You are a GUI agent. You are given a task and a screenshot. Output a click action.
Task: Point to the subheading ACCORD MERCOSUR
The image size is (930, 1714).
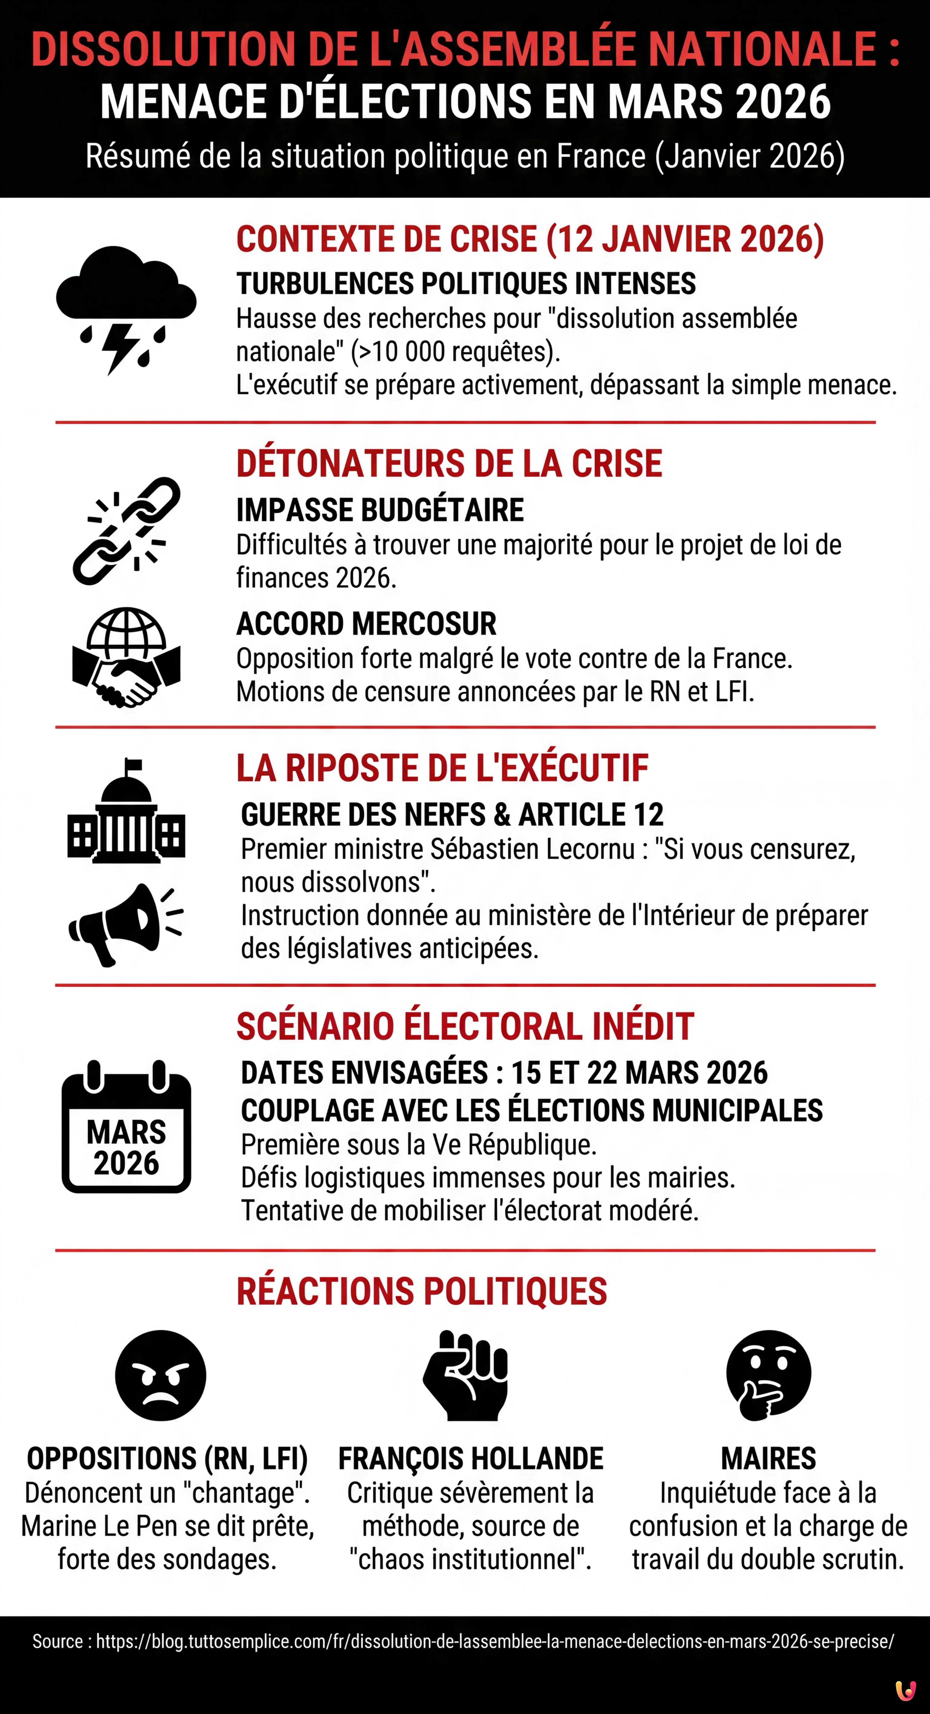(x=366, y=624)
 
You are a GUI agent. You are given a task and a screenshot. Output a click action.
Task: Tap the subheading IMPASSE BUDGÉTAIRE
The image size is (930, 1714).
(x=380, y=510)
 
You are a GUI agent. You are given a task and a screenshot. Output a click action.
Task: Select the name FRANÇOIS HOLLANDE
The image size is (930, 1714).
(x=470, y=1459)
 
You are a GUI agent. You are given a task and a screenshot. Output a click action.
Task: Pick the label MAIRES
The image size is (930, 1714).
(x=768, y=1459)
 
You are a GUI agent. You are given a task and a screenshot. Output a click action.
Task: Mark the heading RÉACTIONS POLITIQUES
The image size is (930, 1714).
(x=422, y=1291)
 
